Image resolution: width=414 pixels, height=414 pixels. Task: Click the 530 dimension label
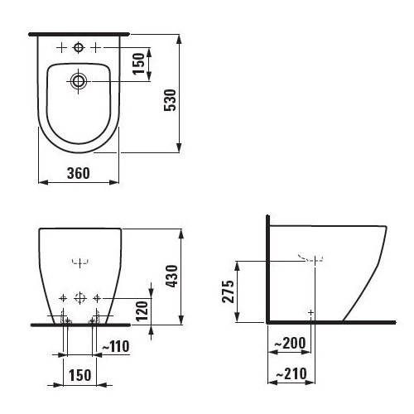point(170,100)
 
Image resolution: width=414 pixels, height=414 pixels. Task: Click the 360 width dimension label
point(79,173)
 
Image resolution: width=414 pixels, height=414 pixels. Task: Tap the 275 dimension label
point(229,291)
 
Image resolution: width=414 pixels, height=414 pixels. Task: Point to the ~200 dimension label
point(290,343)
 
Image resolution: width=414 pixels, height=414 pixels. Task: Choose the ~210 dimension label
point(291,373)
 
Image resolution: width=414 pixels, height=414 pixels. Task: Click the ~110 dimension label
point(116,346)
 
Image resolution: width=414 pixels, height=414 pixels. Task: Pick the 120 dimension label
point(142,310)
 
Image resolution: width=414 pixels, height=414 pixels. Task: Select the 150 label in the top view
point(138,64)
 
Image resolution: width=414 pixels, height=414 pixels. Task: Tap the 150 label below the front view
point(79,375)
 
